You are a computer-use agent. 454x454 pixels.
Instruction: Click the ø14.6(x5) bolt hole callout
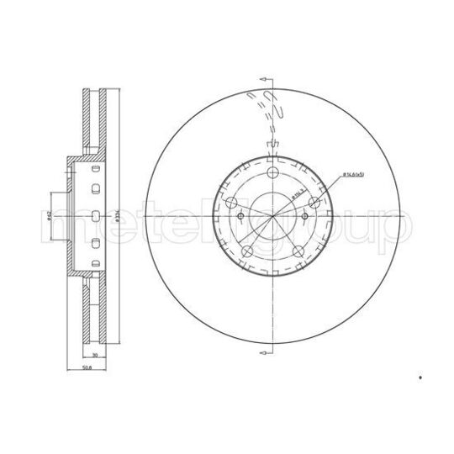point(354,175)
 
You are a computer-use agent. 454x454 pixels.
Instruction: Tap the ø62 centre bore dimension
point(50,217)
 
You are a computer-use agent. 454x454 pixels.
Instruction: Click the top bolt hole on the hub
point(273,172)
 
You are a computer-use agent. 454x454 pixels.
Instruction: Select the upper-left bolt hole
point(232,201)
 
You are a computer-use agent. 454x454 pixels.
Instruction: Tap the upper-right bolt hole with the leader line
point(314,202)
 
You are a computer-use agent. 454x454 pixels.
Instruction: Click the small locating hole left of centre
point(242,217)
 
